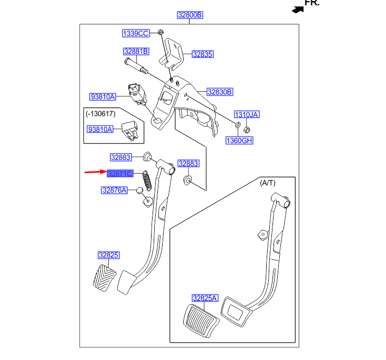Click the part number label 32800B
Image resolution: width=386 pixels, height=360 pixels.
189,15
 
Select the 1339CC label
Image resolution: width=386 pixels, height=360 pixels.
136,33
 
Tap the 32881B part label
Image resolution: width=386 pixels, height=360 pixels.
136,52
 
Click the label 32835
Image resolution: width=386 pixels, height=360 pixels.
203,54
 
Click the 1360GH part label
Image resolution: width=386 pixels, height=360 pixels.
240,140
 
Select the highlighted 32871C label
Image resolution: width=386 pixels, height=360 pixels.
120,173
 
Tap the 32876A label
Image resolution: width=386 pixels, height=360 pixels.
115,190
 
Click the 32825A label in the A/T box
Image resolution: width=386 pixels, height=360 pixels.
205,298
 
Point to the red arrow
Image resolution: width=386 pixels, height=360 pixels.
95,172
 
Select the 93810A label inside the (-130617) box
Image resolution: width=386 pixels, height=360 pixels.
100,129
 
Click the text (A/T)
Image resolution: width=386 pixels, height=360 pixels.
268,183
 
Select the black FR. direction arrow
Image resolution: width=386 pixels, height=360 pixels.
298,8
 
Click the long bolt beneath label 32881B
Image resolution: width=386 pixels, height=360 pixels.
137,66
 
